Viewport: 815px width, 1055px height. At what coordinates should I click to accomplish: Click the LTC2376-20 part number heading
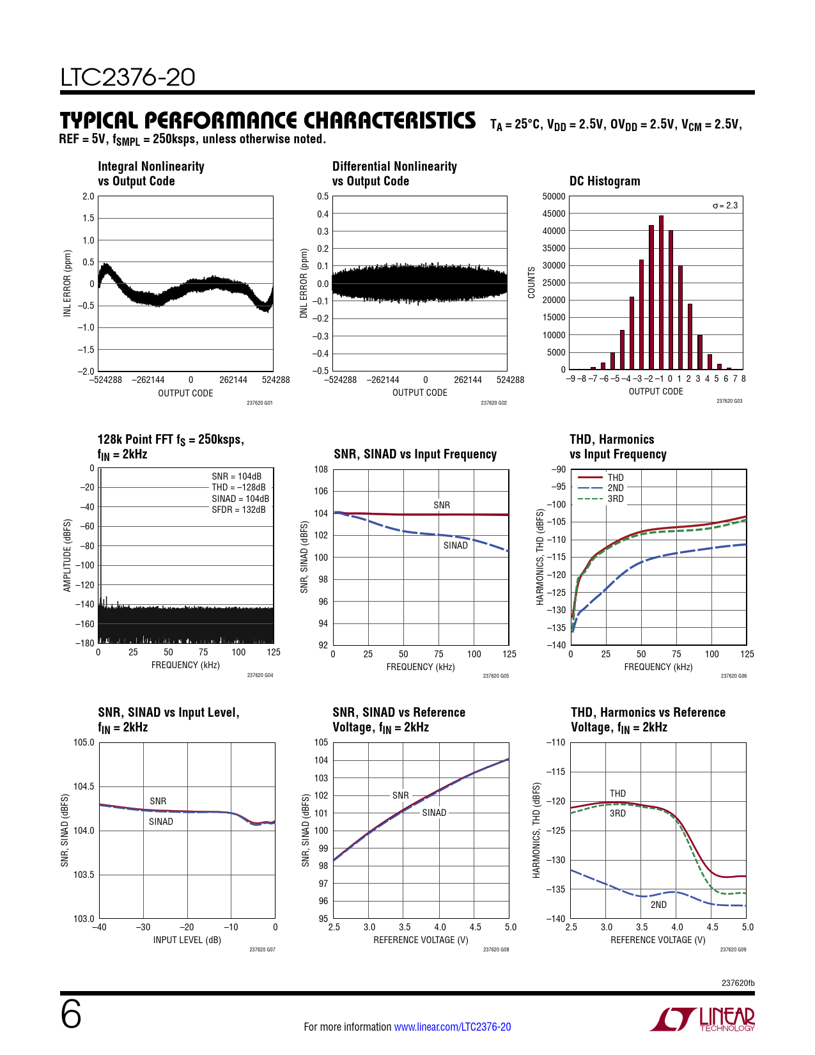[128, 77]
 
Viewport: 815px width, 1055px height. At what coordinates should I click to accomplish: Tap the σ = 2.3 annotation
[725, 205]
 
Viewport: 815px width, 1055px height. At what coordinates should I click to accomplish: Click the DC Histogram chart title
[605, 181]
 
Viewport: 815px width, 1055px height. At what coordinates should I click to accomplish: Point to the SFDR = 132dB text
[238, 510]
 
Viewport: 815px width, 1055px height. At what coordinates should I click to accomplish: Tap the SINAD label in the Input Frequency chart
[455, 545]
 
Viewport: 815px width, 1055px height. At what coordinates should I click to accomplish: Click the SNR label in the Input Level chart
[158, 801]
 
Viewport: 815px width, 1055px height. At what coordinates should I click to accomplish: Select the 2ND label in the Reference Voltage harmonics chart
[658, 905]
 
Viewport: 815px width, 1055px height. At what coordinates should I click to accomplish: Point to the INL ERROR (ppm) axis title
[67, 283]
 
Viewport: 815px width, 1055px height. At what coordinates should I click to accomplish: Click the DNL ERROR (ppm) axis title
[304, 283]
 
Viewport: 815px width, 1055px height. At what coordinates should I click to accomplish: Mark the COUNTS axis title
[531, 283]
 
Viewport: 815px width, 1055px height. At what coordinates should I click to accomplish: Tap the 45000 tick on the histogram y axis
[554, 214]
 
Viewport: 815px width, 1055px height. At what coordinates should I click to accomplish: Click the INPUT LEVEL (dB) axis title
[187, 940]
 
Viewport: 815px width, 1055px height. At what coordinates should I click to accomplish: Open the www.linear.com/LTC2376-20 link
[452, 1027]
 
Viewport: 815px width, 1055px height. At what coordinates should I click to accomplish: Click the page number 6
[71, 1015]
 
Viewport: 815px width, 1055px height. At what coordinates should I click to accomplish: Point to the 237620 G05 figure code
[495, 676]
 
